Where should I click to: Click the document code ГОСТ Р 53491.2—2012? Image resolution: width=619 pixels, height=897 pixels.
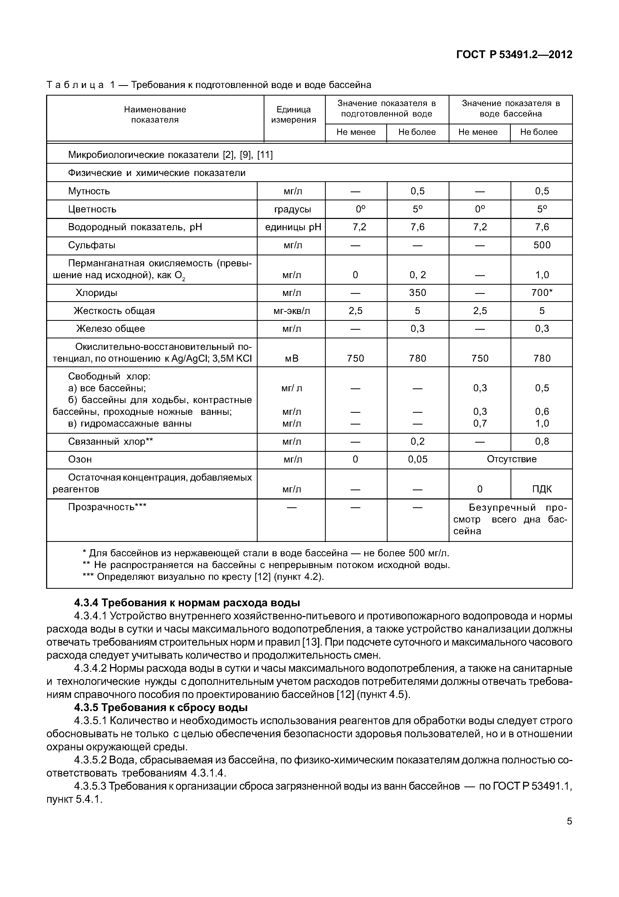pos(514,55)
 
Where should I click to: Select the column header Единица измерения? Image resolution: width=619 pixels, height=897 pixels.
pos(294,115)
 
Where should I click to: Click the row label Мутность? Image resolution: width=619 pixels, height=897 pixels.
pos(89,191)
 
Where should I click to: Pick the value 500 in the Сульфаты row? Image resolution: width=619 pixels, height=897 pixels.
pos(541,245)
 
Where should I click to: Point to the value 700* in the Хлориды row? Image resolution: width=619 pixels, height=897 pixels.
pos(541,293)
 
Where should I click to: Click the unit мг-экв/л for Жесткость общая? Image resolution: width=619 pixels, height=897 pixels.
pos(292,311)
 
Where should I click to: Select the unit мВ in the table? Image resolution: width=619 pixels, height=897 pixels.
pos(292,359)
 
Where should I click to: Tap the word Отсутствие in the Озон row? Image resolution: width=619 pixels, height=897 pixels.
pos(512,459)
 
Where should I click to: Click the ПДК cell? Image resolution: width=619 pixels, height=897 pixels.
pos(541,489)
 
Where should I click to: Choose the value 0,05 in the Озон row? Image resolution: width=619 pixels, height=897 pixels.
pos(418,459)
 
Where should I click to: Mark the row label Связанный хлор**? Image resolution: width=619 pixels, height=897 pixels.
pos(111,442)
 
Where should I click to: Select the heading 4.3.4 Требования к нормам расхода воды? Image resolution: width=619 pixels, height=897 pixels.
pos(187,603)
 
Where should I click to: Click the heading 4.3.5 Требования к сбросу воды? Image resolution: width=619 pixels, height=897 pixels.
pos(161,707)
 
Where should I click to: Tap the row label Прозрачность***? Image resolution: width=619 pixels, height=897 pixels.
pos(107,507)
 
